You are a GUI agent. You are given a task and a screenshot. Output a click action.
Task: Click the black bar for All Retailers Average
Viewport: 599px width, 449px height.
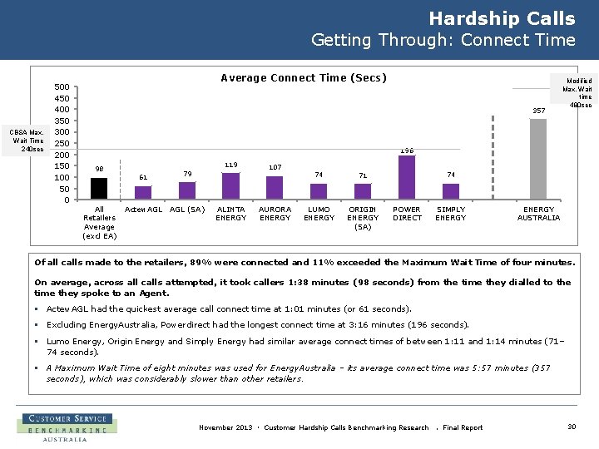pos(98,189)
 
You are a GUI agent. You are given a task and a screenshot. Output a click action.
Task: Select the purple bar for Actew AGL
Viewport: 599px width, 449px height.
pos(142,193)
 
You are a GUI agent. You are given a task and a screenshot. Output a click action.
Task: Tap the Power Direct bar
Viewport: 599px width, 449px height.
pos(407,177)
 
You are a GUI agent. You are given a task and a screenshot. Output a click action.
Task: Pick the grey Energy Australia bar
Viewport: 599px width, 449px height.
pos(538,159)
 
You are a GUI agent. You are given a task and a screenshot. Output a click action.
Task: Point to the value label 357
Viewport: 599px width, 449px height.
pos(538,111)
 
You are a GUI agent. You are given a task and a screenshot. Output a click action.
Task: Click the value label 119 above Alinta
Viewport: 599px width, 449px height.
pos(230,165)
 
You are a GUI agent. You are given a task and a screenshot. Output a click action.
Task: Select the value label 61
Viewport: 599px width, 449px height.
pos(142,177)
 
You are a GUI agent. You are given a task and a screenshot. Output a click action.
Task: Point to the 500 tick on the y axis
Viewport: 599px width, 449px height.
pos(62,86)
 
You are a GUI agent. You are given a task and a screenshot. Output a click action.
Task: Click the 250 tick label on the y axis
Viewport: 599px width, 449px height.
pos(62,143)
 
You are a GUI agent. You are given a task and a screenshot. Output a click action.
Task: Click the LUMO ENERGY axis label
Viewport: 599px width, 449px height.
pos(319,214)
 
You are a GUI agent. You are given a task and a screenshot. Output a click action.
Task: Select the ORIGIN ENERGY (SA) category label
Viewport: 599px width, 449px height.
pos(363,218)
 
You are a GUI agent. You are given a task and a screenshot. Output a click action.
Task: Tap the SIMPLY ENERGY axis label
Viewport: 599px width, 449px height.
pos(451,214)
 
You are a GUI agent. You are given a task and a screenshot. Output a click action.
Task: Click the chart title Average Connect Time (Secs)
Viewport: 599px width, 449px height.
pos(304,78)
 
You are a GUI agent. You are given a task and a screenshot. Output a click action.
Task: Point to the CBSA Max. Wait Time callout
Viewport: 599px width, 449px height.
pos(27,141)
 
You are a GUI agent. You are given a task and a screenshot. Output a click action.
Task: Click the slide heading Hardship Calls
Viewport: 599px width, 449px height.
pos(502,18)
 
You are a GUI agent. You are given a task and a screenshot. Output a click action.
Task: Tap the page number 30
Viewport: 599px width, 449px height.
pos(572,427)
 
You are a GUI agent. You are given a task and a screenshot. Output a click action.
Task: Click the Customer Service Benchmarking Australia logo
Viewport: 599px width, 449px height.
pos(67,427)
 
